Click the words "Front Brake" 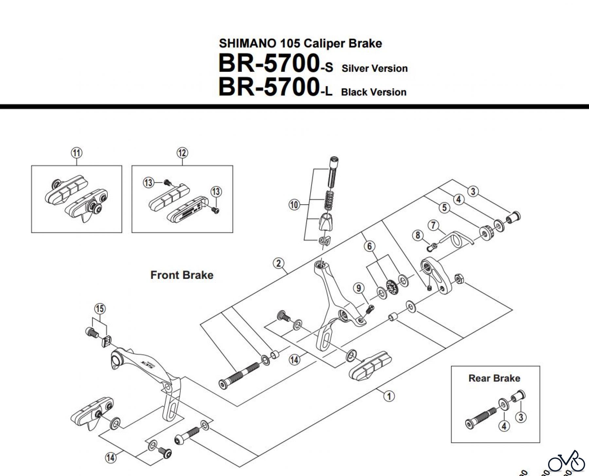182,275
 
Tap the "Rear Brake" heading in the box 494,378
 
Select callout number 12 182,153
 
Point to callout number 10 294,205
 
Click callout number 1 389,396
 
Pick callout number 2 278,263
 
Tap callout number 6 369,246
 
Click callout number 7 433,225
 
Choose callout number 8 418,235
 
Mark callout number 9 359,288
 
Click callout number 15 100,308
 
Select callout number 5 444,208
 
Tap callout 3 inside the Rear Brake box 521,417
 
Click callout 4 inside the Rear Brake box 504,426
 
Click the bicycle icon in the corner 566,463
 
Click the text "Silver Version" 375,68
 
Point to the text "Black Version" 374,92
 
